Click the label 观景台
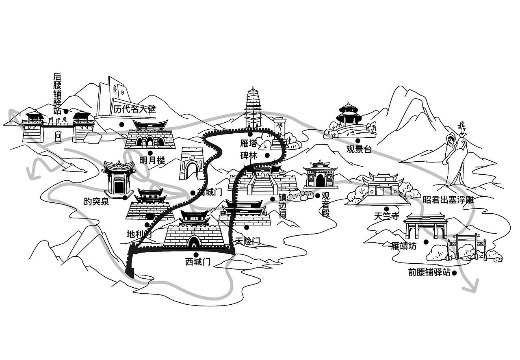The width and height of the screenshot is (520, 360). (x=359, y=149)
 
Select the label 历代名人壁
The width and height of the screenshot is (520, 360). (x=134, y=109)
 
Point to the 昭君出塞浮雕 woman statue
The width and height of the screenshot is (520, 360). (x=456, y=156)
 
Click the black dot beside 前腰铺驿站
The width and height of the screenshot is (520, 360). (x=455, y=273)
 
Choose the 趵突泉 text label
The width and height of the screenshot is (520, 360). (x=96, y=202)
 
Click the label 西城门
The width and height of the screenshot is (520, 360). (x=197, y=262)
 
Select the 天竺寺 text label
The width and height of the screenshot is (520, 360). (x=387, y=216)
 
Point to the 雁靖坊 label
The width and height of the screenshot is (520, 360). (x=403, y=246)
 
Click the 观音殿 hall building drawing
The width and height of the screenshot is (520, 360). (x=321, y=175)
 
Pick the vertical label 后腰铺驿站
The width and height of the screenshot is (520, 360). (x=57, y=93)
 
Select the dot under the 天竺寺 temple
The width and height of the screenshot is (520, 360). (x=380, y=208)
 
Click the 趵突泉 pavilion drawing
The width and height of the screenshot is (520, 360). (x=119, y=179)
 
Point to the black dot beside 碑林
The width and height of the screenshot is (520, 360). (x=267, y=155)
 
